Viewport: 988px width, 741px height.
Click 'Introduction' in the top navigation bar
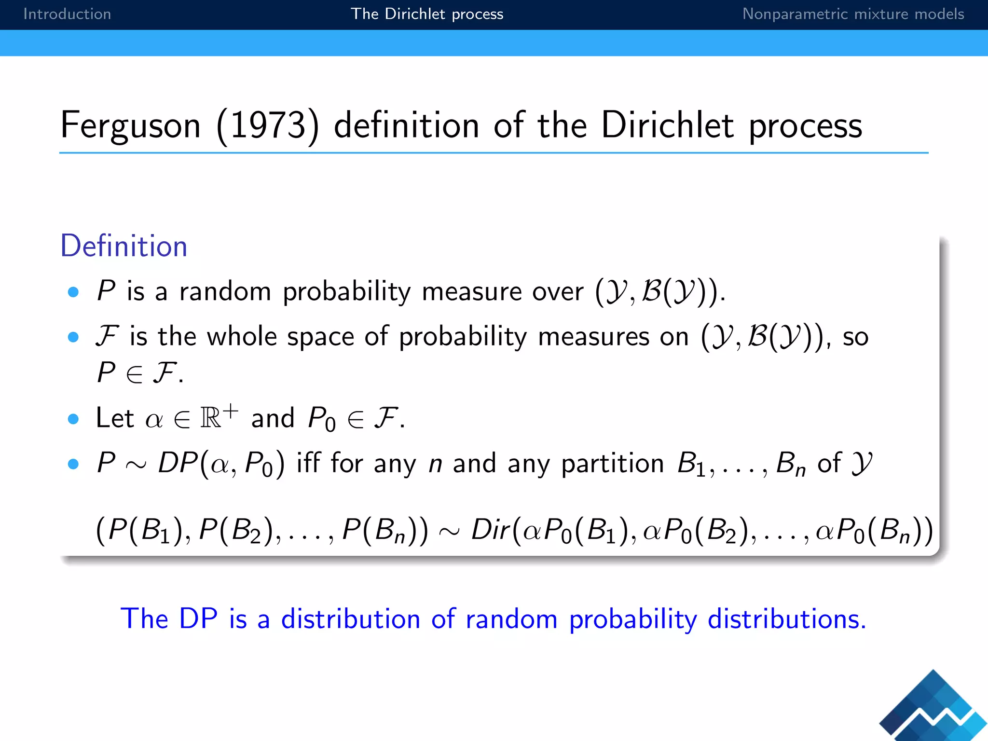67,14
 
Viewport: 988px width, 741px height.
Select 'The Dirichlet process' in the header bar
426,14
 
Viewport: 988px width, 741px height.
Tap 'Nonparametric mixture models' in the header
852,14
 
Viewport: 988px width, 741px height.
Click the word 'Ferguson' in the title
130,125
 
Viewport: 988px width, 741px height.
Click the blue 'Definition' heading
123,246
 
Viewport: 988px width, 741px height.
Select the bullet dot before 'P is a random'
73,292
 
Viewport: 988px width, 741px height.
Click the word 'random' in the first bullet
225,292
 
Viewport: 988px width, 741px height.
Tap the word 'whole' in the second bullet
242,336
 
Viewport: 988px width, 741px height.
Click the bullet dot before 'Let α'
73,419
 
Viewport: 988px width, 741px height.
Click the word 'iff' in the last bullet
308,463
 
